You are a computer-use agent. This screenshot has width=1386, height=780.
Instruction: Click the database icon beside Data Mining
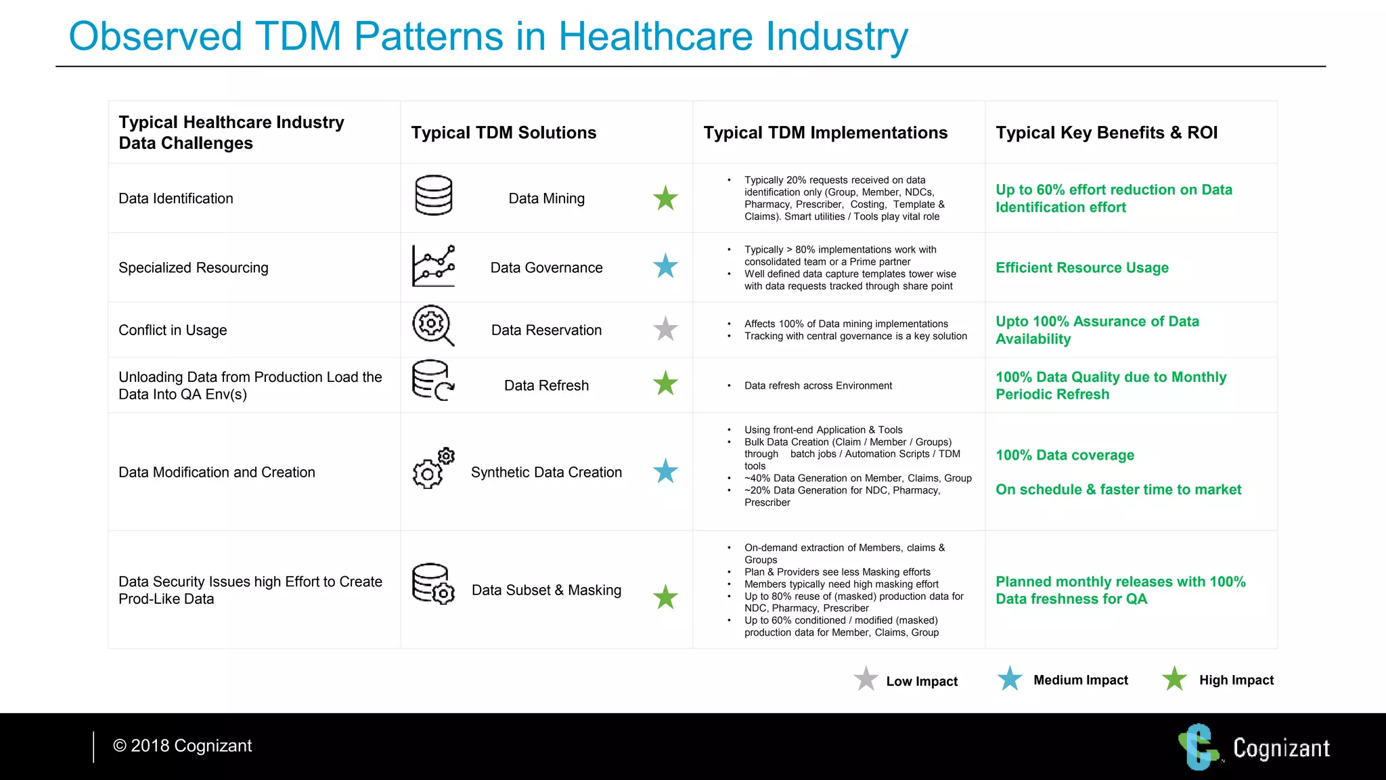[433, 196]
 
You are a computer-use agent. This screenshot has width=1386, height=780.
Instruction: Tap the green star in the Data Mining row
[665, 198]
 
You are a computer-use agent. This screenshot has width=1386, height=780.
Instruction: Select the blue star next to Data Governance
[665, 267]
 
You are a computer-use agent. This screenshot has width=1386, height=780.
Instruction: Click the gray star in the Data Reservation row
[665, 329]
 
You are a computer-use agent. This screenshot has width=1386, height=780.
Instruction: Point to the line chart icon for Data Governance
[433, 266]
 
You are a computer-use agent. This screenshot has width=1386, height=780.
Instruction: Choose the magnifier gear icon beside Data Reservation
[432, 326]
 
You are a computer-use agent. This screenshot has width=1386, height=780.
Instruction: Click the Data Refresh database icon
[432, 380]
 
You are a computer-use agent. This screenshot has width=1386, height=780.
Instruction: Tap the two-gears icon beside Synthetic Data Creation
[433, 468]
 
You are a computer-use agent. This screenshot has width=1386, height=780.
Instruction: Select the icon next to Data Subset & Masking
[433, 584]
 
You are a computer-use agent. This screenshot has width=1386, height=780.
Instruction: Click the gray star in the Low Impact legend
[866, 678]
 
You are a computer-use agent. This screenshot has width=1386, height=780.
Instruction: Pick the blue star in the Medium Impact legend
[1010, 678]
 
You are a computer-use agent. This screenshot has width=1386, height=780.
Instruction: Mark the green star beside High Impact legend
[1174, 678]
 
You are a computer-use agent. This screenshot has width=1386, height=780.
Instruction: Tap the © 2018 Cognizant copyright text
[182, 745]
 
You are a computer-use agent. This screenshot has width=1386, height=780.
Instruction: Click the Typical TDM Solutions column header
[504, 133]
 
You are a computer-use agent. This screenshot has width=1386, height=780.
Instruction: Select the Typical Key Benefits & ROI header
[1106, 133]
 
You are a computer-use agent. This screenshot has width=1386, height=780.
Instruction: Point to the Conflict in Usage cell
[173, 330]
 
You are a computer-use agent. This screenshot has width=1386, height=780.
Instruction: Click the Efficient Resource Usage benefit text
[1081, 268]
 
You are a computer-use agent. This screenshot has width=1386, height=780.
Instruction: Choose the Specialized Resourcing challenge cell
[193, 268]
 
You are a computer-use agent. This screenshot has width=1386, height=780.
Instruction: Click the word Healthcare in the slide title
[655, 37]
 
